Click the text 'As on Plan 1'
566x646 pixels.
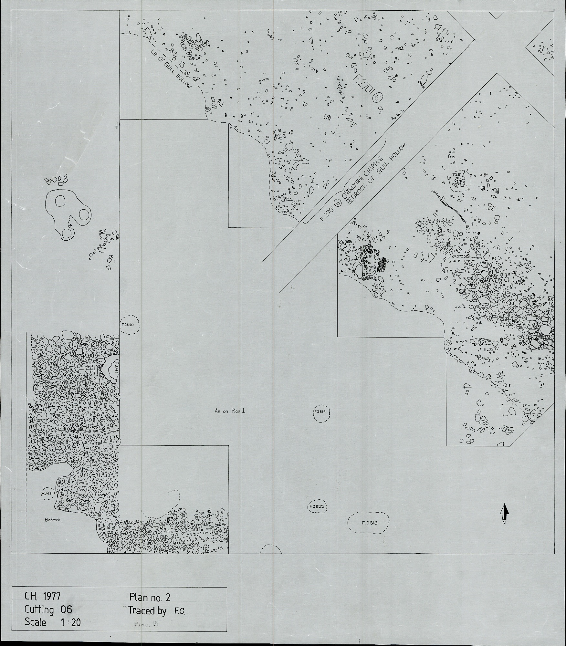point(230,411)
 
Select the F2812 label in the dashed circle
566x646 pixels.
point(458,175)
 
